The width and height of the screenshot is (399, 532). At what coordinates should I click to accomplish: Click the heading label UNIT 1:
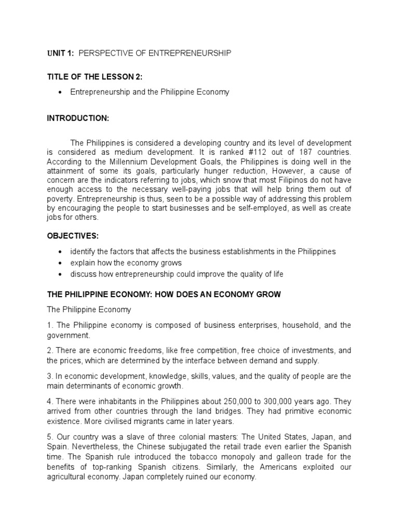(x=60, y=54)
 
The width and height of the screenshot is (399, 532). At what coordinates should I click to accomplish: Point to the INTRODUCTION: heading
(x=78, y=118)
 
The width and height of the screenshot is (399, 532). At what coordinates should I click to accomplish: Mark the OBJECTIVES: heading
(x=72, y=236)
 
